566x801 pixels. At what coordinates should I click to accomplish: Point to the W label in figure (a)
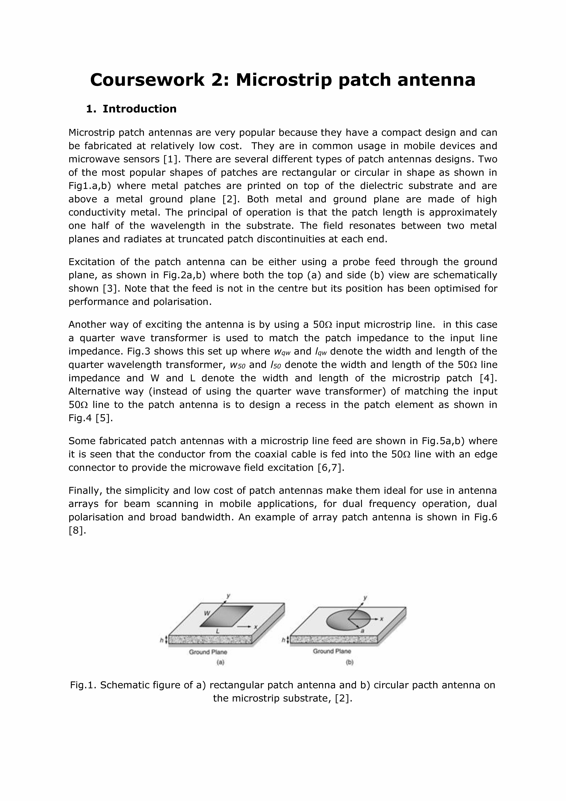[x=207, y=613]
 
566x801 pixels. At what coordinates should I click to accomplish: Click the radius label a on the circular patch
[x=362, y=631]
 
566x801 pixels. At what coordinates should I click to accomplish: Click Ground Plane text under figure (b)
[x=332, y=651]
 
